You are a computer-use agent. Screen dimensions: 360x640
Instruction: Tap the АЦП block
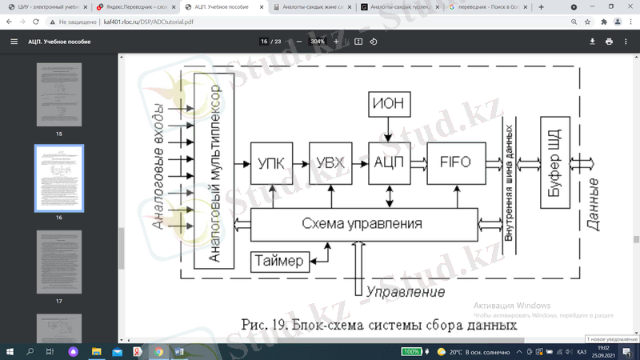pyautogui.click(x=388, y=162)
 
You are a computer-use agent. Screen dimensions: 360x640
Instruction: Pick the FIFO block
pyautogui.click(x=455, y=162)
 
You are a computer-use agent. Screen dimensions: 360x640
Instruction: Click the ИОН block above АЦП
pyautogui.click(x=388, y=104)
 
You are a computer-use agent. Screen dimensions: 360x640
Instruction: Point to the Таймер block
pyautogui.click(x=280, y=261)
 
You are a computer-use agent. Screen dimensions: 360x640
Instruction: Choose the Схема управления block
pyautogui.click(x=362, y=223)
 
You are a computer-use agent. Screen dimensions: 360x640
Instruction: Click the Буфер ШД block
pyautogui.click(x=554, y=162)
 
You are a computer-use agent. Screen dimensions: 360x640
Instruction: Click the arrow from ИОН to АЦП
pyautogui.click(x=388, y=130)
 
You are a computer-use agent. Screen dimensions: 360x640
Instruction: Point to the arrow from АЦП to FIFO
pyautogui.click(x=418, y=162)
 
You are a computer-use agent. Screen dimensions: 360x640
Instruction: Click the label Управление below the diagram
pyautogui.click(x=405, y=292)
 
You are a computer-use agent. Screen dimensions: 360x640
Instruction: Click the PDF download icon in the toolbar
pyautogui.click(x=593, y=42)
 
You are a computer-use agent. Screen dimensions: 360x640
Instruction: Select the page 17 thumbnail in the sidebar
pyautogui.click(x=59, y=262)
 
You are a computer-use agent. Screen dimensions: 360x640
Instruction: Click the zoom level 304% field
pyautogui.click(x=318, y=42)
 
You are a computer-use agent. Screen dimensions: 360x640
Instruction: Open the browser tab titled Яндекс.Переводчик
pyautogui.click(x=136, y=7)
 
